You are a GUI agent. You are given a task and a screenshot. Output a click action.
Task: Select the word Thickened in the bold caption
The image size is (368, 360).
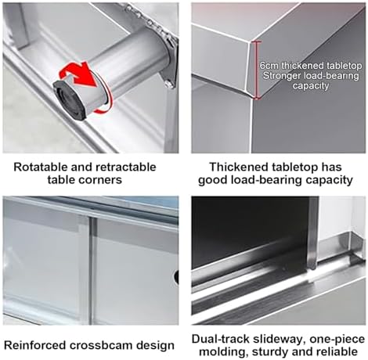click(236, 167)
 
